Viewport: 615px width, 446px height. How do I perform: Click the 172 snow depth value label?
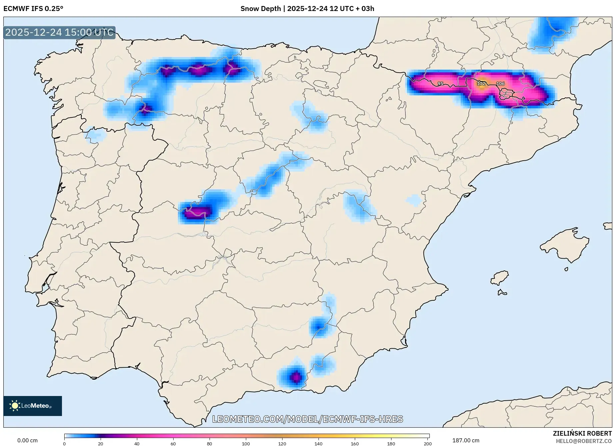pos(481,84)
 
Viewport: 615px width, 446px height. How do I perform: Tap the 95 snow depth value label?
pos(440,84)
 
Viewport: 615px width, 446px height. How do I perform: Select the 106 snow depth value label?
pos(500,84)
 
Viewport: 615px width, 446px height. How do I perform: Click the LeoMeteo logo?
pos(33,406)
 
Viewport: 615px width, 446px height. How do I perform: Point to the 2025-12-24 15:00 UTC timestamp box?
pos(59,32)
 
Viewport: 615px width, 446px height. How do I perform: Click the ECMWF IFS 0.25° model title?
pos(33,9)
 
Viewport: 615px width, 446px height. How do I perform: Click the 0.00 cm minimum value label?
pos(27,440)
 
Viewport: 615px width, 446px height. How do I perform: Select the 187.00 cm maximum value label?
pos(466,440)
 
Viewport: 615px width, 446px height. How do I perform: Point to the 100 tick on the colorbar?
pos(246,443)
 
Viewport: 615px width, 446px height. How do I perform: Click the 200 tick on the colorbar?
pos(427,443)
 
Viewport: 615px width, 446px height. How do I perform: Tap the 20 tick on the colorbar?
pos(101,443)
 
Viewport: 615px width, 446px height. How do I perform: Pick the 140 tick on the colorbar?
pos(318,443)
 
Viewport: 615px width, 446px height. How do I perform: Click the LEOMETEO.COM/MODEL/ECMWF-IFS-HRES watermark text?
pos(307,419)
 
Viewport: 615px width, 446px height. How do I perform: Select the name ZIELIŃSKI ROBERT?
pos(582,434)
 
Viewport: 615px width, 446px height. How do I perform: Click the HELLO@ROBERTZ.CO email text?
pos(584,441)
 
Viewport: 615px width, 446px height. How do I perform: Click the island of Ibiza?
pos(500,278)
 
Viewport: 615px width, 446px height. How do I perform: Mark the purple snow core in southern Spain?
pos(296,377)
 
